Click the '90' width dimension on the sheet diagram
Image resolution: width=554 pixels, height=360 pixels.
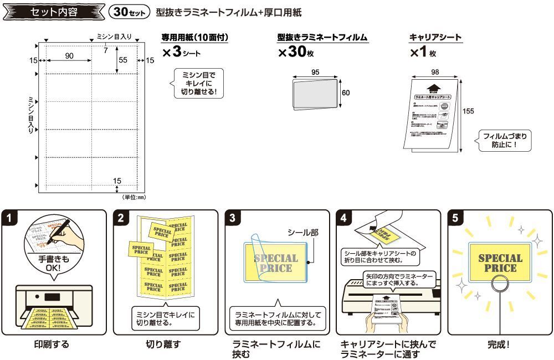pos(69,56)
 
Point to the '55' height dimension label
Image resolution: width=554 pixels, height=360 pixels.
pos(123,59)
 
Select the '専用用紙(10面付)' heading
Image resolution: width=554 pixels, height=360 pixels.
pos(194,38)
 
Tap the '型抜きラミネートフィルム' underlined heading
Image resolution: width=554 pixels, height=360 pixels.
pos(323,38)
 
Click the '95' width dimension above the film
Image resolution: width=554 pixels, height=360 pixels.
pos(315,72)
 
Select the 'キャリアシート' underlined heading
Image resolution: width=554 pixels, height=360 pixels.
pos(435,38)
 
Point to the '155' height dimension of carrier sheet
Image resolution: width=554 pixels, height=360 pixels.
pos(468,111)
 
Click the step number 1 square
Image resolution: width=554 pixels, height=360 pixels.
pos(11,218)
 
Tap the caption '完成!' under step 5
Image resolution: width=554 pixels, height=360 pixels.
pos(499,344)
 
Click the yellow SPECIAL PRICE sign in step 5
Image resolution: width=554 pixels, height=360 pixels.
pos(500,263)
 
